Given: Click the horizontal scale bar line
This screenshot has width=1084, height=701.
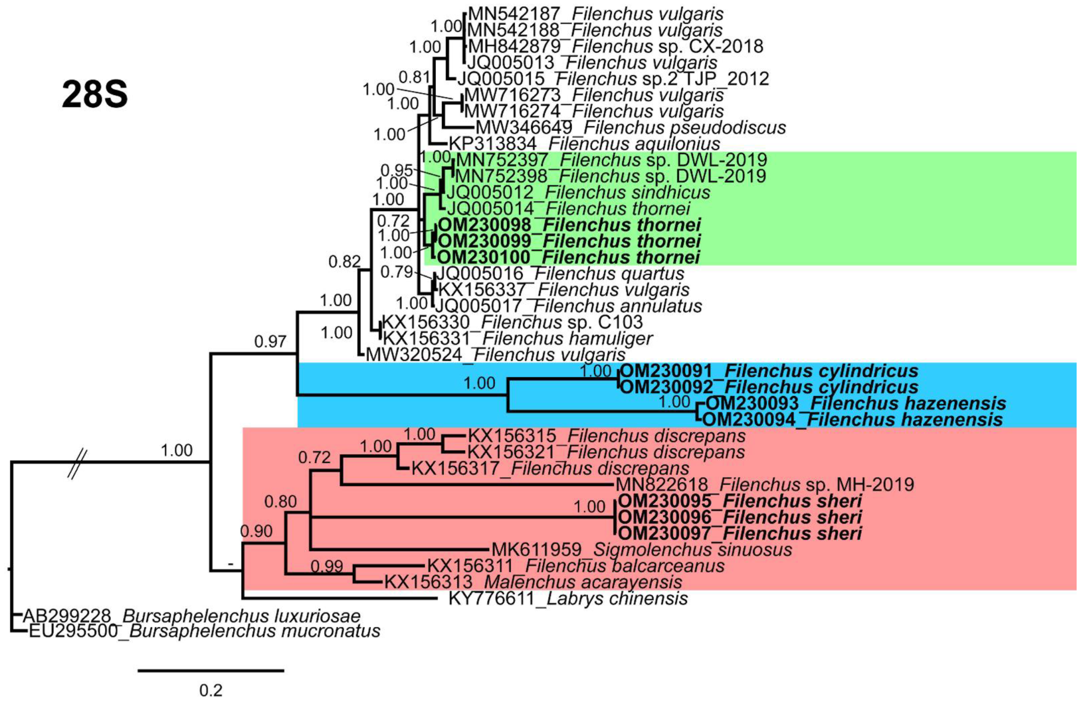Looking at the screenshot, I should point(211,670).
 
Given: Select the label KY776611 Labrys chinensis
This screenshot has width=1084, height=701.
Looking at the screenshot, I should point(568,598).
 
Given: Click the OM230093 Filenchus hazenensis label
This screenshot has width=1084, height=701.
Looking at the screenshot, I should point(856,403).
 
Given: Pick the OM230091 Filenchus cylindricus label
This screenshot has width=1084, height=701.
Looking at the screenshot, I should point(769,371).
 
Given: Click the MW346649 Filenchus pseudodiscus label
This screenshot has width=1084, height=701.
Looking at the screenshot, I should point(631,127).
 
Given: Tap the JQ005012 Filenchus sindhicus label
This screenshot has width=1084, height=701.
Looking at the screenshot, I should point(578,193).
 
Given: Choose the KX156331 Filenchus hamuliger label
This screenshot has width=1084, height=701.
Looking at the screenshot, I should point(518,338).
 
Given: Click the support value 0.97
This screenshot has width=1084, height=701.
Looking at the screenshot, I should point(270,341).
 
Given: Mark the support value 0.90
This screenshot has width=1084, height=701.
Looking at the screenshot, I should point(256,531).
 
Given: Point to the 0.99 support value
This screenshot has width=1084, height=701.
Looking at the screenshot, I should point(327,566).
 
